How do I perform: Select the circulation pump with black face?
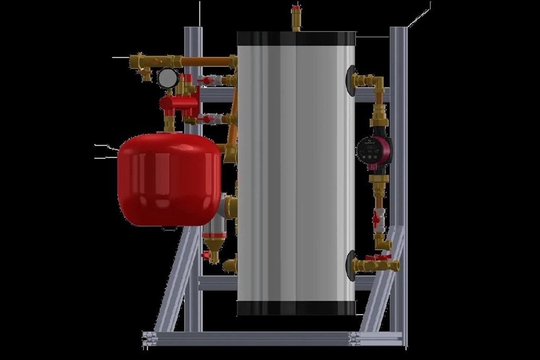[374, 151]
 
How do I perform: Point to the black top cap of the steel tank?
[296, 38]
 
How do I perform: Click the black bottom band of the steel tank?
[296, 308]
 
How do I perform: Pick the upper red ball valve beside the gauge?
[207, 81]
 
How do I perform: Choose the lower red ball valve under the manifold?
[207, 119]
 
